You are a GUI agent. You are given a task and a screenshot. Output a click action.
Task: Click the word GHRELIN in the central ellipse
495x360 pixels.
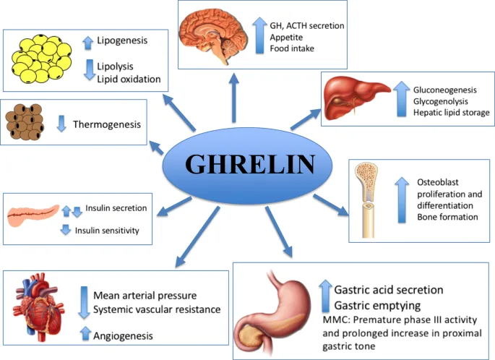coord(250,165)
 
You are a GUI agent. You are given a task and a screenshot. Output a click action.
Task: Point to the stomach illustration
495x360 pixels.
coord(277,311)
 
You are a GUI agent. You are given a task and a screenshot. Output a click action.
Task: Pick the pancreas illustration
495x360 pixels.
coord(33,214)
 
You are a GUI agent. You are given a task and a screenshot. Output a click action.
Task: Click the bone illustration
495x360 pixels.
coord(369,199)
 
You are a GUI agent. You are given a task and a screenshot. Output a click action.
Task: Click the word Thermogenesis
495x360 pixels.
coord(107,125)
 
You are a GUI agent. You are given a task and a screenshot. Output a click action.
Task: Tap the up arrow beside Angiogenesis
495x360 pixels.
coord(85,334)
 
